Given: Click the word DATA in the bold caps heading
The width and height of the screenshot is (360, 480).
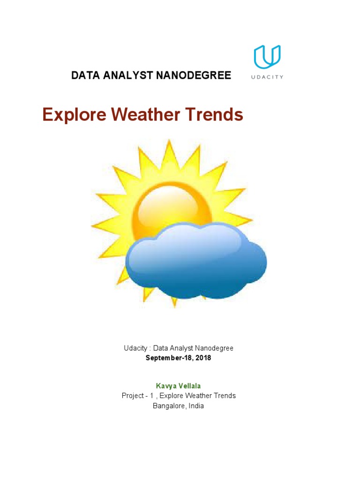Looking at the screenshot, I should pos(83,75).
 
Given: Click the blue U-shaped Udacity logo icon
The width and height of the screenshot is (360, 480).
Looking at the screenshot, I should pos(267,57).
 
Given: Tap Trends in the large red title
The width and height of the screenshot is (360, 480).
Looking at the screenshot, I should pos(215,115).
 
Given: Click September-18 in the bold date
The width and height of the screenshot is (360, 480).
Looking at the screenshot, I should pos(169,358).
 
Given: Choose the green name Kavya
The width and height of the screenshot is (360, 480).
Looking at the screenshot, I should pos(164,386).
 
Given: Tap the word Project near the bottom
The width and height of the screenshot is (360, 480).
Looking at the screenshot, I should pos(133,396).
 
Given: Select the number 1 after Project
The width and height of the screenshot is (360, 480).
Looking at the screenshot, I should pos(151,396).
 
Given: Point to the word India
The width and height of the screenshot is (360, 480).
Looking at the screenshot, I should pos(196,406).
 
